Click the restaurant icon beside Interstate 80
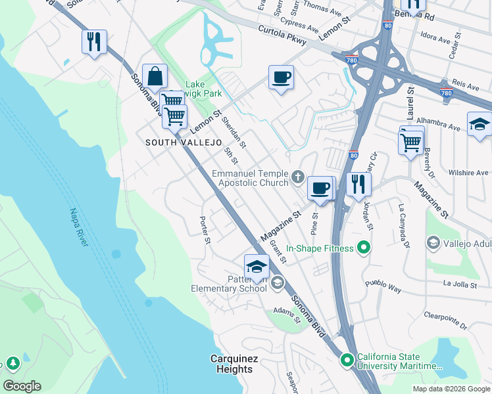358,183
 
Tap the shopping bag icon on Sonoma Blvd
155,76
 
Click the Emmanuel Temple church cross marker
298,176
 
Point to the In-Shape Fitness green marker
361,248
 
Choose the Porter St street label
205,230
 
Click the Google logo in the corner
22,385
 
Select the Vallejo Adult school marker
433,244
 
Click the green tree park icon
12,363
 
